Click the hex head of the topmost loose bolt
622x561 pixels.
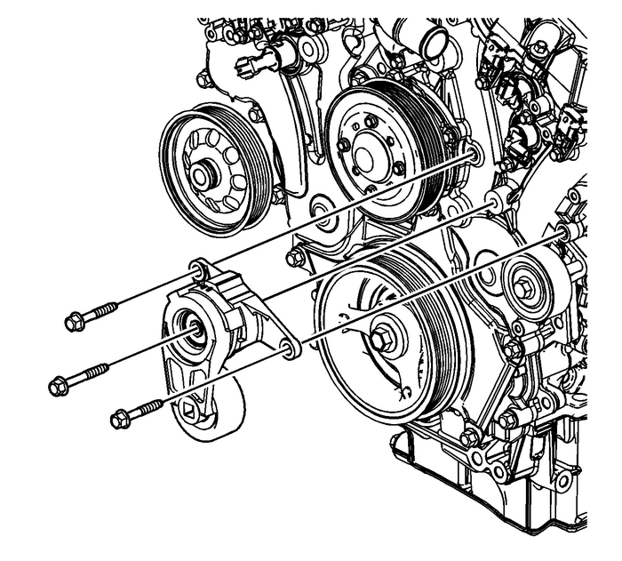(74, 322)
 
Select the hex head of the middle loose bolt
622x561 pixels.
(58, 386)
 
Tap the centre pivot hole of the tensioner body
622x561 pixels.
(192, 328)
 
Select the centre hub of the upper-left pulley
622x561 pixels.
(203, 174)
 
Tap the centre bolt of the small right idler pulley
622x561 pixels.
(525, 288)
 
